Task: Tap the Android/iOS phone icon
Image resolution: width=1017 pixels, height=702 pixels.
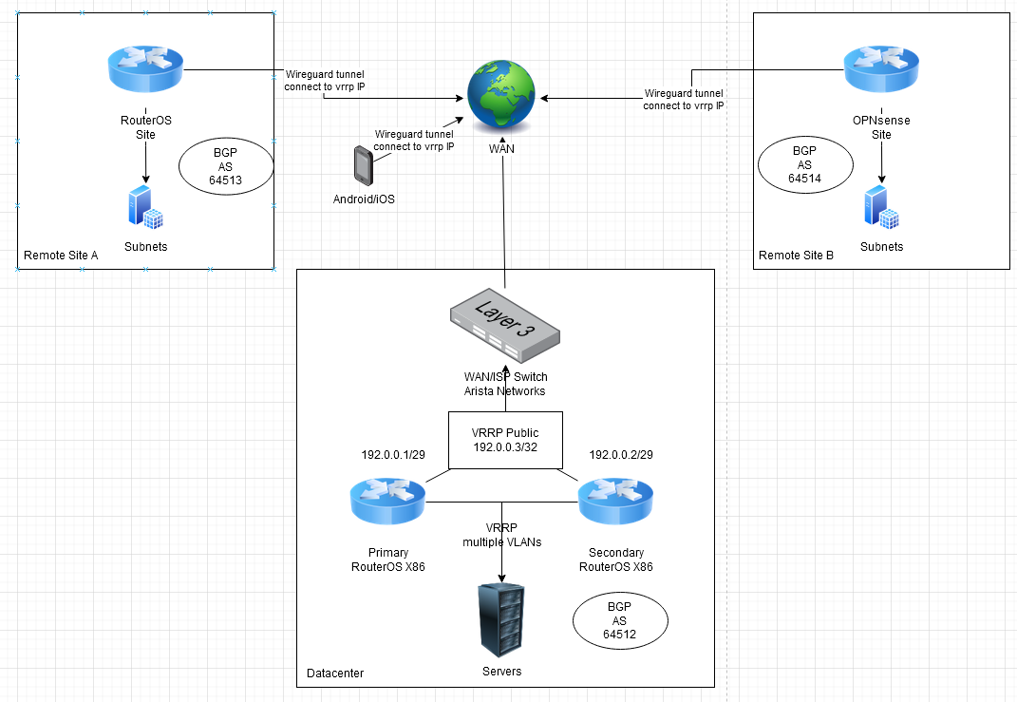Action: [362, 165]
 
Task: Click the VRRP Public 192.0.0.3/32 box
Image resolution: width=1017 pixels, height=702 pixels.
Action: [505, 440]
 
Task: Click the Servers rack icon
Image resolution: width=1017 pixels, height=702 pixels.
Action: [501, 618]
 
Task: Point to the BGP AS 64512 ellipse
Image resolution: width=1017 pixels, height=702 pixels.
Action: [620, 622]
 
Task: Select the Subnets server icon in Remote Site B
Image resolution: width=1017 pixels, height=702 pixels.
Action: [881, 208]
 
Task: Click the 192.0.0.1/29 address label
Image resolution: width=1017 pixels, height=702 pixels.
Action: [393, 455]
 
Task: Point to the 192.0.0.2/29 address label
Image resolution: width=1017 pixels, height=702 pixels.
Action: [621, 455]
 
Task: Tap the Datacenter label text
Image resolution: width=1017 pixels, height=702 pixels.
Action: [335, 674]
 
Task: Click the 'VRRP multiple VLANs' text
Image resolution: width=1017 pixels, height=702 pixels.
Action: [501, 535]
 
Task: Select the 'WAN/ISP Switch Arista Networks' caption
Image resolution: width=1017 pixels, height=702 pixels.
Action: [505, 384]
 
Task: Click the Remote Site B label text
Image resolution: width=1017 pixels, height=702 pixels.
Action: [796, 256]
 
